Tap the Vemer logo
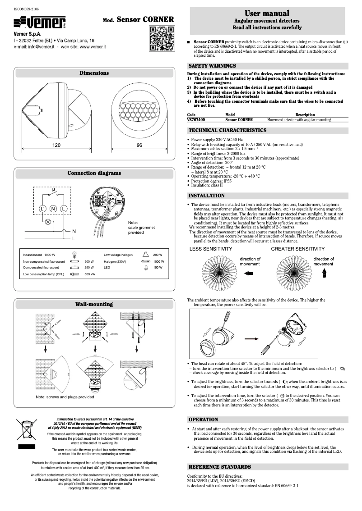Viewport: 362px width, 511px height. (x=41, y=21)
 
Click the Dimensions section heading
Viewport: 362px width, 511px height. (x=94, y=73)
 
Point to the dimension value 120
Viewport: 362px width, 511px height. (x=56, y=146)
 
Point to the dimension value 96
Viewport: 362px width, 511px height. (x=139, y=146)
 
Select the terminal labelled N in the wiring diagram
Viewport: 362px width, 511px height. (x=53, y=209)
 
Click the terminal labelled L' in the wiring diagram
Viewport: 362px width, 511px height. (x=42, y=209)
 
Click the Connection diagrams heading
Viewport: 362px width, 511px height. (x=94, y=173)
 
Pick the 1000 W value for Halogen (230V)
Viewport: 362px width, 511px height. (x=158, y=261)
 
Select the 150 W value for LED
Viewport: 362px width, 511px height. (x=158, y=268)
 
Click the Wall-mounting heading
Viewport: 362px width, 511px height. (x=94, y=304)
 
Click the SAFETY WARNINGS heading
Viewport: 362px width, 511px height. (x=212, y=66)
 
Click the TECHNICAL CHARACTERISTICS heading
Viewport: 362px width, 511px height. (x=227, y=130)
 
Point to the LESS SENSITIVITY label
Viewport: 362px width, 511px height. (x=211, y=249)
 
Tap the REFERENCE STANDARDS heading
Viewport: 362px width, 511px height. (x=219, y=466)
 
